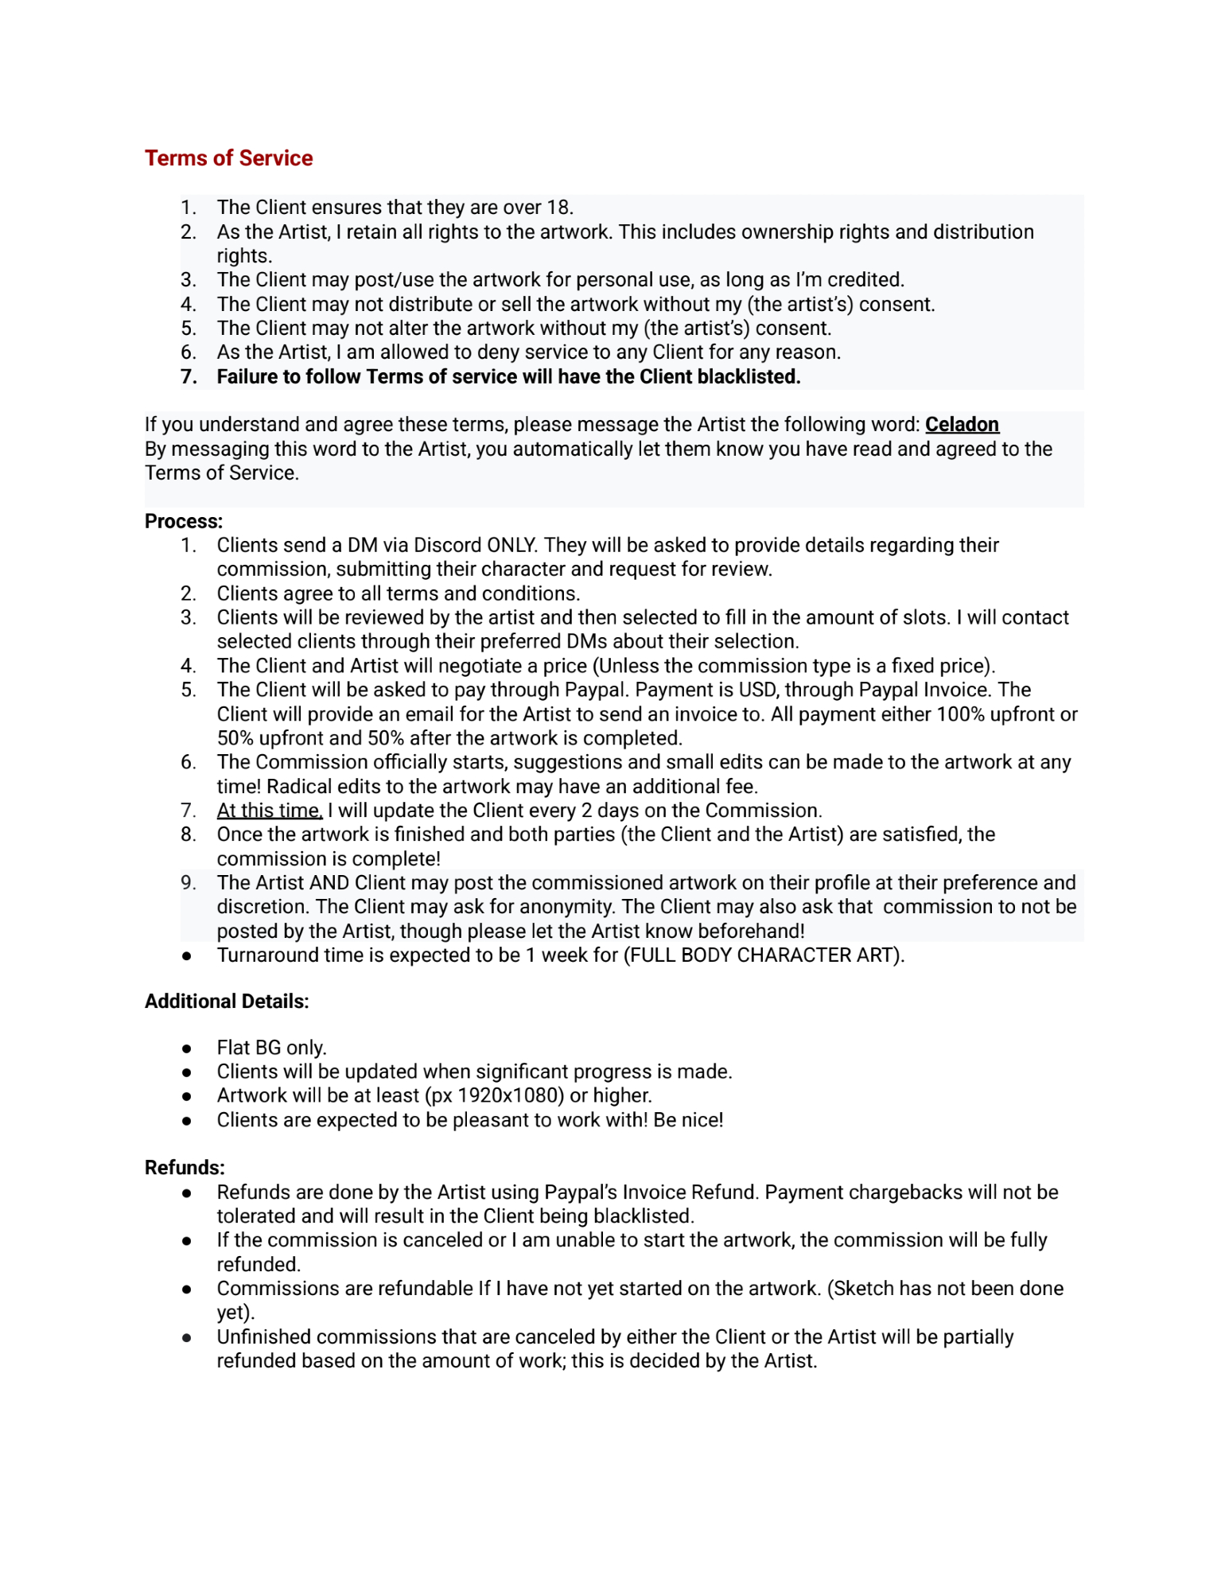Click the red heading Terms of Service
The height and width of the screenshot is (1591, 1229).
[228, 158]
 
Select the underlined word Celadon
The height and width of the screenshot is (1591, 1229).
[961, 424]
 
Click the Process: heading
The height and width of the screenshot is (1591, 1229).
[184, 521]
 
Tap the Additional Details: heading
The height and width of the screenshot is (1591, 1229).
[227, 1001]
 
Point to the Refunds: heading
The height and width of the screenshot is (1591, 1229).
[185, 1167]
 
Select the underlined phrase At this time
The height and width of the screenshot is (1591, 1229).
[269, 810]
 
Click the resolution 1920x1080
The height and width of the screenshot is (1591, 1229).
[510, 1095]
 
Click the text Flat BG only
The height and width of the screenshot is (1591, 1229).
[271, 1048]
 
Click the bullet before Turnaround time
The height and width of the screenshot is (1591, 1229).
[187, 955]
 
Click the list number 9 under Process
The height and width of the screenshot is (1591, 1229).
[188, 882]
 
